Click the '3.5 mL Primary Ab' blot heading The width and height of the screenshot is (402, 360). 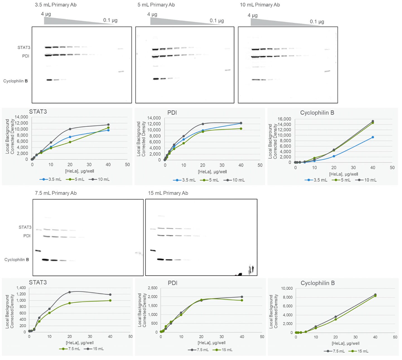[56, 5]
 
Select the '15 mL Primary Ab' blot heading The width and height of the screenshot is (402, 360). [168, 193]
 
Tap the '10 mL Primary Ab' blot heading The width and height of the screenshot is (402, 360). [260, 5]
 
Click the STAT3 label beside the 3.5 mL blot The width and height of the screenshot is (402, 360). [24, 47]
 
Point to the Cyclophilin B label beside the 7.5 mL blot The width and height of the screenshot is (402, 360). [16, 260]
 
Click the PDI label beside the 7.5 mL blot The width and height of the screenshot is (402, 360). [27, 236]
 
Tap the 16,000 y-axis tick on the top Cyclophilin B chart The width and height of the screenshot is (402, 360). [284, 119]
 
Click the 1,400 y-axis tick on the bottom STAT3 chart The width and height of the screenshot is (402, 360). [21, 288]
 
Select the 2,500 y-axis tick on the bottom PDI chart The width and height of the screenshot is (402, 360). [153, 288]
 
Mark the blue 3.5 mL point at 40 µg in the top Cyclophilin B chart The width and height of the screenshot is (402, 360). [373, 137]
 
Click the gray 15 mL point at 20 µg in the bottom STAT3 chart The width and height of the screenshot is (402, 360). [70, 292]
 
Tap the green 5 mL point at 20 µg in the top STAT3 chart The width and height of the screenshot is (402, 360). [70, 142]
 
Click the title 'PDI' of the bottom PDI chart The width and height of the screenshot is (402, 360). [172, 283]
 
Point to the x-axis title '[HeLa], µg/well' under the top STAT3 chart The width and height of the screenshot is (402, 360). [80, 171]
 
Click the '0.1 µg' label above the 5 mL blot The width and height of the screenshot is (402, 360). [217, 21]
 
